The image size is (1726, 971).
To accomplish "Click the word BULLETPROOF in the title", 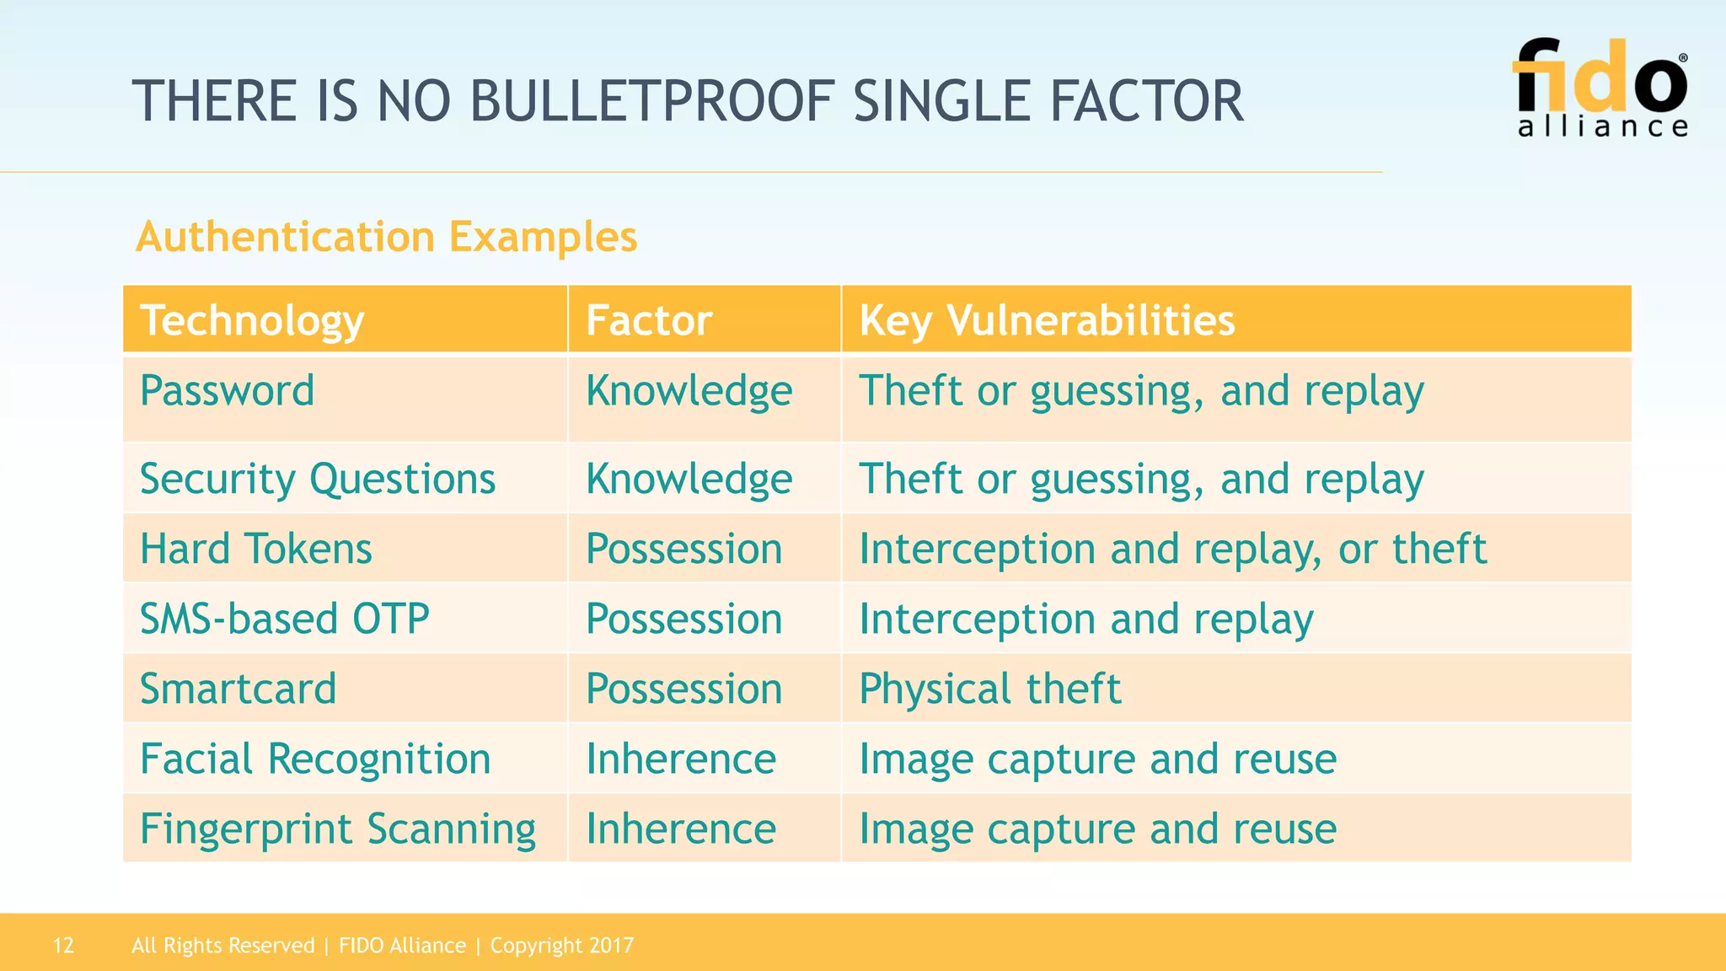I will point(651,102).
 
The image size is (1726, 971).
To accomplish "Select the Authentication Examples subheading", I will point(386,237).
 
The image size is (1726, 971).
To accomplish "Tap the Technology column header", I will point(252,321).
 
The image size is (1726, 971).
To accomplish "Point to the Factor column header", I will point(649,321).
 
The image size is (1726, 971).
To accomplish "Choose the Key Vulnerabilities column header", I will point(1047,321).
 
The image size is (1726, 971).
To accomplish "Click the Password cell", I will point(228,391).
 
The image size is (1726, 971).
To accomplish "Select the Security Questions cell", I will point(318,480).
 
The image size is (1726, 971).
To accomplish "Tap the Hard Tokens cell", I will point(255,550).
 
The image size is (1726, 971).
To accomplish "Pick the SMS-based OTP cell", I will point(285,620).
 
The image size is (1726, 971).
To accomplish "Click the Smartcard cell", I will point(239,689).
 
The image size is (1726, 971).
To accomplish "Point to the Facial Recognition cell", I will point(315,759).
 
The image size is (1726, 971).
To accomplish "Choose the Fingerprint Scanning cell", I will point(338,829).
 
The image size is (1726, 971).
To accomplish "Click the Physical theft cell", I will point(990,689).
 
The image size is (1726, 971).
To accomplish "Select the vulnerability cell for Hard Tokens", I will point(1173,550).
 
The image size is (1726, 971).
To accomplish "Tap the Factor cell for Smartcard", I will point(684,689).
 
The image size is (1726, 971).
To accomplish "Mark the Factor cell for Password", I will point(689,391).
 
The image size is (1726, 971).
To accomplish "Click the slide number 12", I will point(63,946).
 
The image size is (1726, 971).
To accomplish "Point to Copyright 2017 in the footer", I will point(562,946).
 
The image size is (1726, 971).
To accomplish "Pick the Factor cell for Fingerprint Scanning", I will point(681,829).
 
